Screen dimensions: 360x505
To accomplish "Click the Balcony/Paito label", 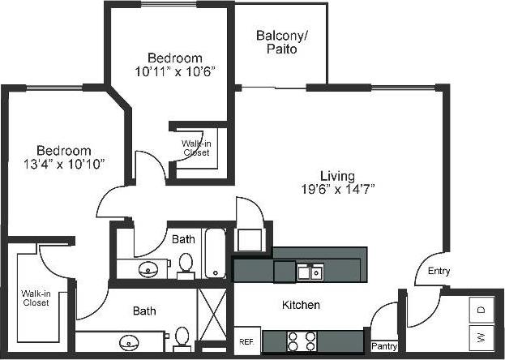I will coord(276,42).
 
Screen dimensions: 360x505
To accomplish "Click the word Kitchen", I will coord(301,305).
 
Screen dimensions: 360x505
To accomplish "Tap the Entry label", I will coord(439,271).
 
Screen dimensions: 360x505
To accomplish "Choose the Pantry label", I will coord(384,346).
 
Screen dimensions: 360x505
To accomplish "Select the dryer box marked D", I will coord(481,311).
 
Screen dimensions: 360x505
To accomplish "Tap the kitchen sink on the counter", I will coord(309,272).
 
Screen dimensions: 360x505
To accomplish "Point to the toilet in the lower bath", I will coord(182,336).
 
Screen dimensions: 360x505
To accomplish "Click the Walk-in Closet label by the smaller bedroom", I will coord(196,147).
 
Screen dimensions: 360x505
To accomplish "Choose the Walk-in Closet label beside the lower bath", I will coord(36,298).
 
